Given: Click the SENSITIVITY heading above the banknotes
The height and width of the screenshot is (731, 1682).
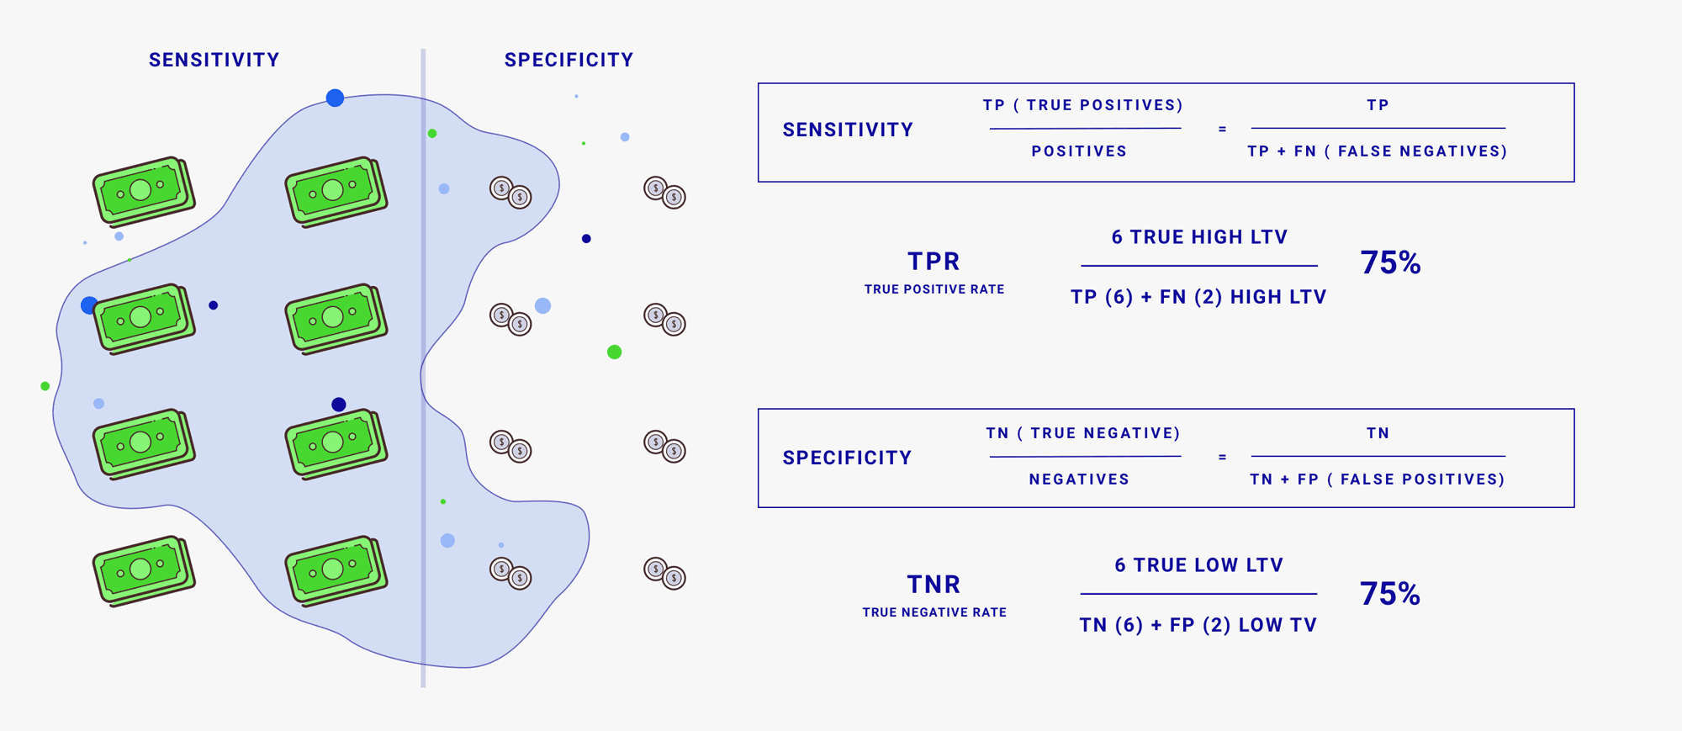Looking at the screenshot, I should coord(214,60).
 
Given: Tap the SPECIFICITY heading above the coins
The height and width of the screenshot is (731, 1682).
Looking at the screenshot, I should coord(569,60).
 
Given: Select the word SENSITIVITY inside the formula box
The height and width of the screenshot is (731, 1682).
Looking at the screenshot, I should coord(848,130).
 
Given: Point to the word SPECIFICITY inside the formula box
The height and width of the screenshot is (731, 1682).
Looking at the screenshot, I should coord(847,458).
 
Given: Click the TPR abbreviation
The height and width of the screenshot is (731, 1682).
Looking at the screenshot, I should coord(934,262).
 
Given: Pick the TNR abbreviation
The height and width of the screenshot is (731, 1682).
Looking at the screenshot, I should coord(934,585).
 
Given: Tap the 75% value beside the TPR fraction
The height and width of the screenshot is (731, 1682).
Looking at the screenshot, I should coord(1390,263).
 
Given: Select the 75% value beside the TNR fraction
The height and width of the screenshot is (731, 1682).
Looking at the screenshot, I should coord(1390,595).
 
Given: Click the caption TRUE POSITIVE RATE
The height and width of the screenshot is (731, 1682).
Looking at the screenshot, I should coord(934,289).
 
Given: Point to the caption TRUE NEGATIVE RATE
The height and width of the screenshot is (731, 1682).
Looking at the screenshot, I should coord(934,612).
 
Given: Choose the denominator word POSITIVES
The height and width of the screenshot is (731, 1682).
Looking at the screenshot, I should coord(1079,151).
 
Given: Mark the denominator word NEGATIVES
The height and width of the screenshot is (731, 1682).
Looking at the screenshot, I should coord(1079,479).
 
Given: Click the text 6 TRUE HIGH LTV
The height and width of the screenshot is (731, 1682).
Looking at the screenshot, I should coord(1199,237).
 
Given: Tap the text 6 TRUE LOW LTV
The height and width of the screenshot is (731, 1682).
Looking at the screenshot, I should coord(1199,565).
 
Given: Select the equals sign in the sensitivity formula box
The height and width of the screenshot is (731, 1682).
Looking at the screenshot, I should coord(1222,130).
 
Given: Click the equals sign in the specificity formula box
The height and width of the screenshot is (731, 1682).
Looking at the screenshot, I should coord(1222,458).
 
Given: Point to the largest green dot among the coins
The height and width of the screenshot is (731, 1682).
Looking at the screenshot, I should coord(615,352).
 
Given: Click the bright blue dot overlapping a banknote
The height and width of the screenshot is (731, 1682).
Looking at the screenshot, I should coord(88,305).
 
